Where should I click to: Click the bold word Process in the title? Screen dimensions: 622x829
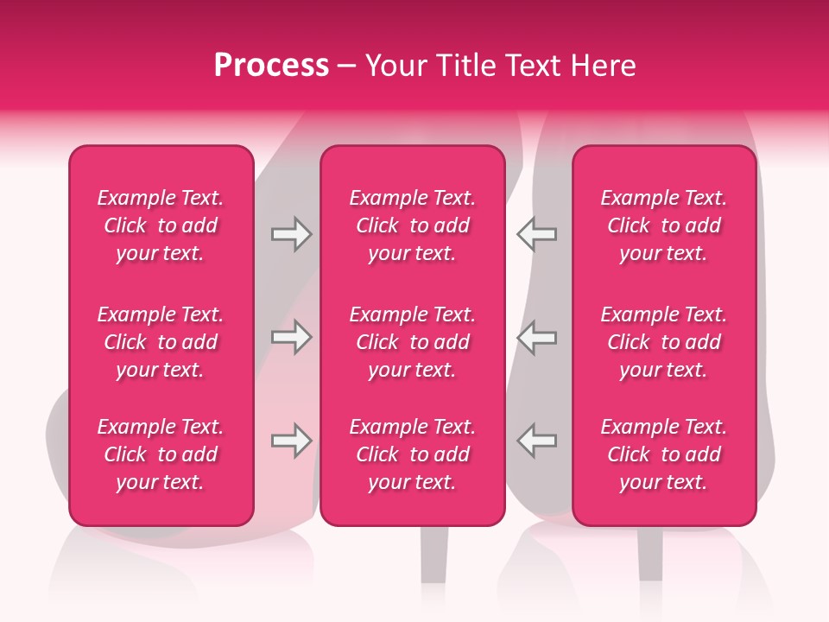point(271,66)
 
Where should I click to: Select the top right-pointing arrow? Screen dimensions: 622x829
point(291,234)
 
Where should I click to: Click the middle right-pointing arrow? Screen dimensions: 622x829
point(291,337)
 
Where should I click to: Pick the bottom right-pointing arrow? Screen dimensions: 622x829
point(291,441)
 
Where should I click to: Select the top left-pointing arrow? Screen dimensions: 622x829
point(537,234)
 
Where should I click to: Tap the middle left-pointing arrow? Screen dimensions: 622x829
point(537,337)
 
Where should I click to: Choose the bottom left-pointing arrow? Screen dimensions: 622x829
point(537,441)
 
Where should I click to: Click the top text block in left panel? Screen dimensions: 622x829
point(161,225)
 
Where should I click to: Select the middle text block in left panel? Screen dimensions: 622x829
point(161,342)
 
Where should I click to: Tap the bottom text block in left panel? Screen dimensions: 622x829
point(161,454)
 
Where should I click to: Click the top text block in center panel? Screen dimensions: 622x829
point(412,225)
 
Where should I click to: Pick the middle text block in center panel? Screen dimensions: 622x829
point(412,342)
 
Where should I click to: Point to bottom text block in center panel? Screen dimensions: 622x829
point(412,454)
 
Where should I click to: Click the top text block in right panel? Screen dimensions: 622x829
point(663,225)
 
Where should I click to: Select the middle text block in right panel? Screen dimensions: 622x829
point(663,342)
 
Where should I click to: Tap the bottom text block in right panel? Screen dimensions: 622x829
point(663,454)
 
